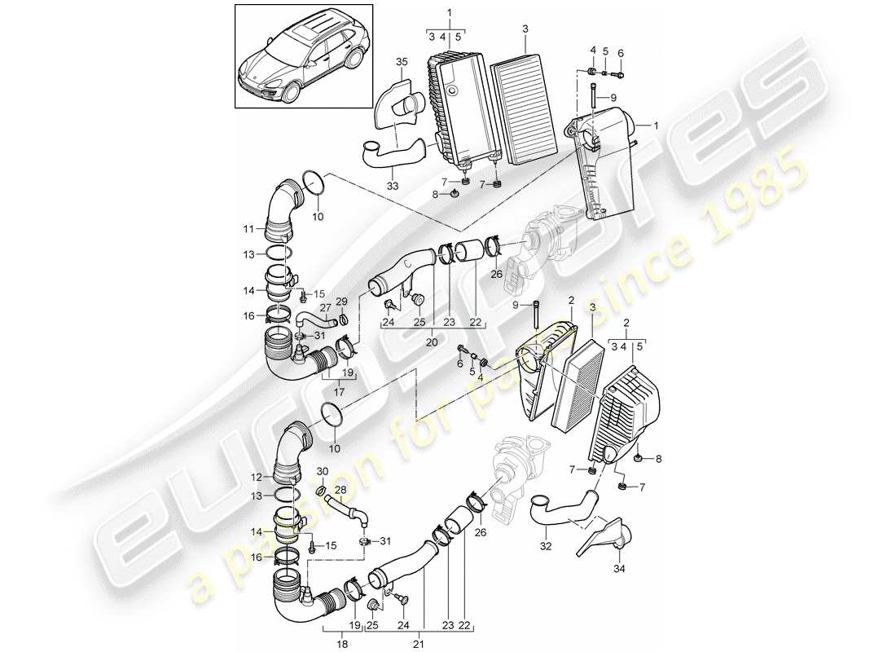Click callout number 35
pos(401,62)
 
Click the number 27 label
pos(326,308)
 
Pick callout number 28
pos(341,489)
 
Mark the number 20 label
pos(432,343)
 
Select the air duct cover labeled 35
pos(399,103)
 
